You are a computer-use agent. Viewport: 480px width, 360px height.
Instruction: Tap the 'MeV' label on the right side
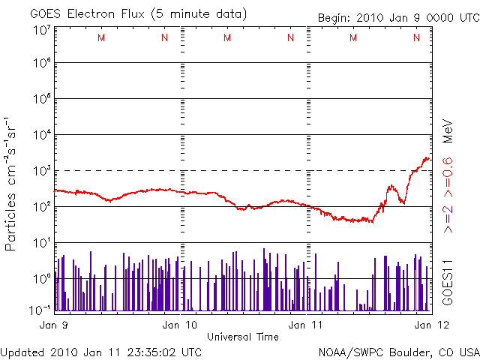point(448,130)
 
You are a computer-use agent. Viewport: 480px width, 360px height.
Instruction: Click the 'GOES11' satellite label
point(448,280)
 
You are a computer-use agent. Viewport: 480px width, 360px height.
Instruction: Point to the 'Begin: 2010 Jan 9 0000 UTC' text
point(397,16)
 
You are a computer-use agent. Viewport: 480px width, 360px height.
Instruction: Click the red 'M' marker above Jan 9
point(101,37)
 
